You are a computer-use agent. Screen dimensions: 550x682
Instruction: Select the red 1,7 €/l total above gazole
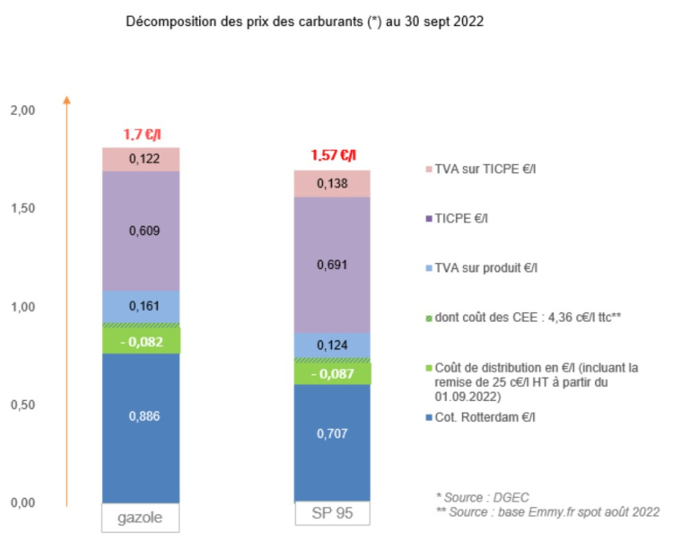142,135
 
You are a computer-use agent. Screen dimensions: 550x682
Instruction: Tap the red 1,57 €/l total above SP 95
333,155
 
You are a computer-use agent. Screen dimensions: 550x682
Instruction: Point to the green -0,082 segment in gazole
142,341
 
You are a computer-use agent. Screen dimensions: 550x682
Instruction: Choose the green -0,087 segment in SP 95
333,373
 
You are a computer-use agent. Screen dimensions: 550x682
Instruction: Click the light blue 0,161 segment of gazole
142,306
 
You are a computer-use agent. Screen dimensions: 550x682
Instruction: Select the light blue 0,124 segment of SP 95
333,345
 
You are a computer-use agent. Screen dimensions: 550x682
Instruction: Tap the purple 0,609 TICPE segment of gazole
142,230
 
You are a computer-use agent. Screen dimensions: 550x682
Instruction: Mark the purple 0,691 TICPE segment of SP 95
333,265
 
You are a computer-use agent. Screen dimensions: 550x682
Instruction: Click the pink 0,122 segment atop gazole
142,159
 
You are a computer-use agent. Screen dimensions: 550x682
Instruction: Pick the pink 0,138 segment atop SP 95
333,183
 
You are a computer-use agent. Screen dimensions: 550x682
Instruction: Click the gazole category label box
142,518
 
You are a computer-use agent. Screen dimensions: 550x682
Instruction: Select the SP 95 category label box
333,514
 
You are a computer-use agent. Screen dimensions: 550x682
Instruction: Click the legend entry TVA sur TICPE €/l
485,168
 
